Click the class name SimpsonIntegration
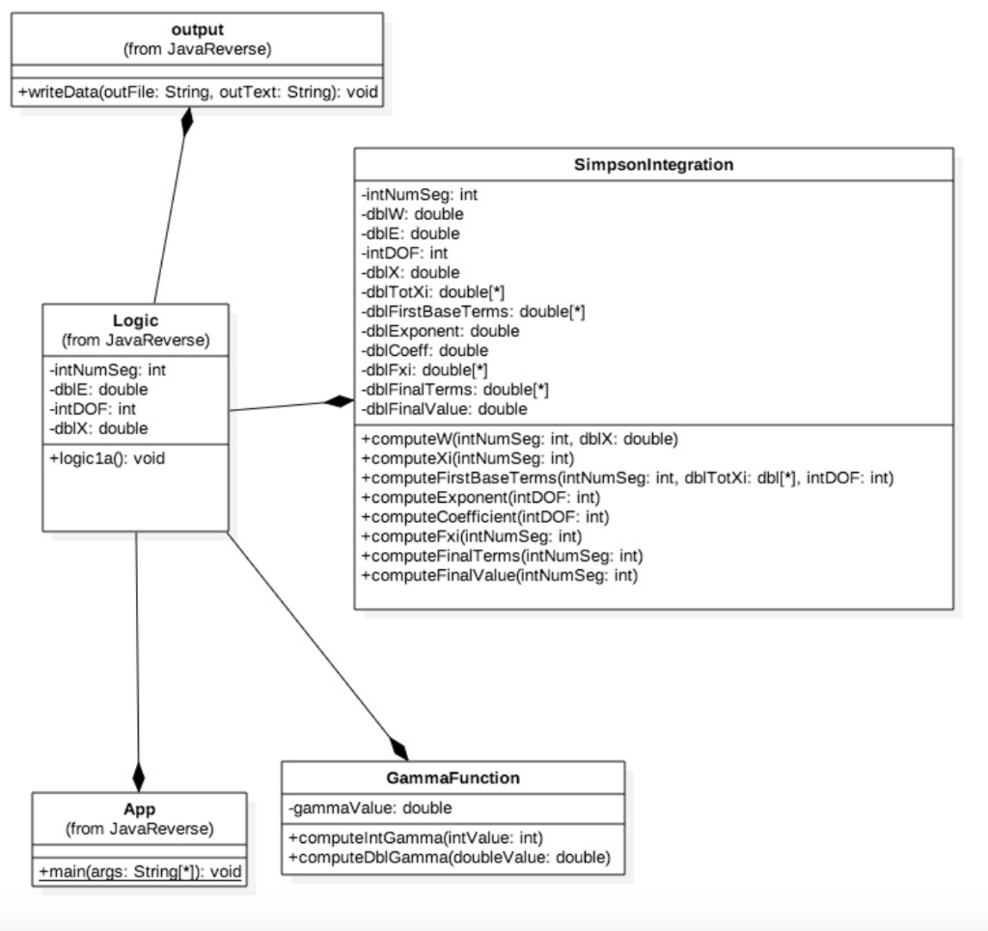tap(653, 164)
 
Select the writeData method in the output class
tap(198, 93)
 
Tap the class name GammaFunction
tap(453, 778)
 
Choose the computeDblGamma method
tap(449, 857)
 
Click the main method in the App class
tap(139, 872)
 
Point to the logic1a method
tap(106, 458)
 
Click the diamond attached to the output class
tap(187, 123)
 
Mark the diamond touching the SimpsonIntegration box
tap(339, 401)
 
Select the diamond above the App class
tap(139, 777)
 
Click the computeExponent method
tap(480, 497)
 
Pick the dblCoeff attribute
tap(425, 350)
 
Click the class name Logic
tap(135, 320)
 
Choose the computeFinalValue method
tap(499, 575)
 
